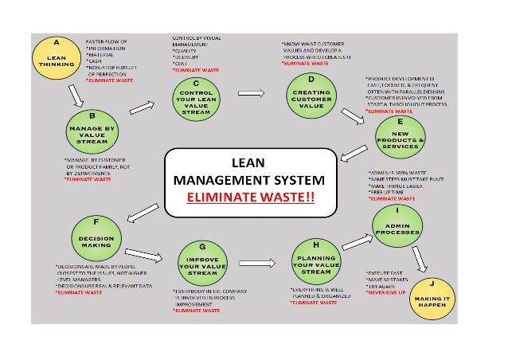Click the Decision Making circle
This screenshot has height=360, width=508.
(x=97, y=236)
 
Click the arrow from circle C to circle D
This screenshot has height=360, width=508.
(x=252, y=93)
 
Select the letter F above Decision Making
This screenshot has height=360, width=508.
(x=97, y=221)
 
